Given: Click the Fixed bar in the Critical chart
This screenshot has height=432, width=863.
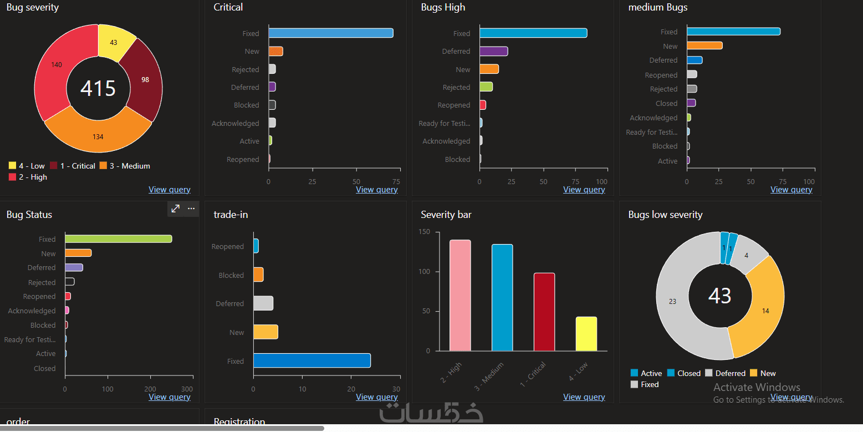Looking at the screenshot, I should (331, 33).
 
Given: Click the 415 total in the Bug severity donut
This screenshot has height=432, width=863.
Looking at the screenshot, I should (98, 89).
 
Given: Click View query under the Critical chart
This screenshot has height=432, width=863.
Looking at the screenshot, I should (376, 190).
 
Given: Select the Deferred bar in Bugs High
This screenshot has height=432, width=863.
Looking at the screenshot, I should (493, 52).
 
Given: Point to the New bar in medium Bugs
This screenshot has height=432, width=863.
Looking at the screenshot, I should (704, 46).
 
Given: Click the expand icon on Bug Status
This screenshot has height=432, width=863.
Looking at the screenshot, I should (175, 209).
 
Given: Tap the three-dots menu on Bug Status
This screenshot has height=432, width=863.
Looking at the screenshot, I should (191, 209).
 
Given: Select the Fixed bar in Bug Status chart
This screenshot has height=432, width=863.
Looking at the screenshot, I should (118, 239).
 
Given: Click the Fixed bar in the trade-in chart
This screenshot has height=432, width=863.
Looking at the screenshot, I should (312, 361).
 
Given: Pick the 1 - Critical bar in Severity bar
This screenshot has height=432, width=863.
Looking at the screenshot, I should (544, 312).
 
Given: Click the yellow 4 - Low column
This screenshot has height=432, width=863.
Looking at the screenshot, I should (586, 334).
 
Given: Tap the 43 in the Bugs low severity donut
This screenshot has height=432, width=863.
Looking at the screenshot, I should (719, 296).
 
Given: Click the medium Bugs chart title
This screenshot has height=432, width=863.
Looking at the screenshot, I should (657, 7).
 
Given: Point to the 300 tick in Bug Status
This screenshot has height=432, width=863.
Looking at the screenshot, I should (187, 389).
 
